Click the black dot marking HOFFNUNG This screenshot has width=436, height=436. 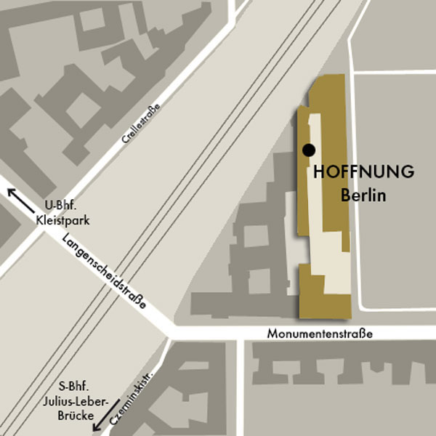click(x=309, y=150)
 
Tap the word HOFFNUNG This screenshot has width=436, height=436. click(x=364, y=173)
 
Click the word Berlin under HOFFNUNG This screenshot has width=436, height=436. click(x=363, y=195)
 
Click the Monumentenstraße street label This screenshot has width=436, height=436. click(x=320, y=334)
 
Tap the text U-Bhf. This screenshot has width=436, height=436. click(x=61, y=205)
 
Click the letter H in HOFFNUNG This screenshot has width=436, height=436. click(x=319, y=173)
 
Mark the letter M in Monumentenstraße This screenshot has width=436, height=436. click(x=271, y=334)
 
